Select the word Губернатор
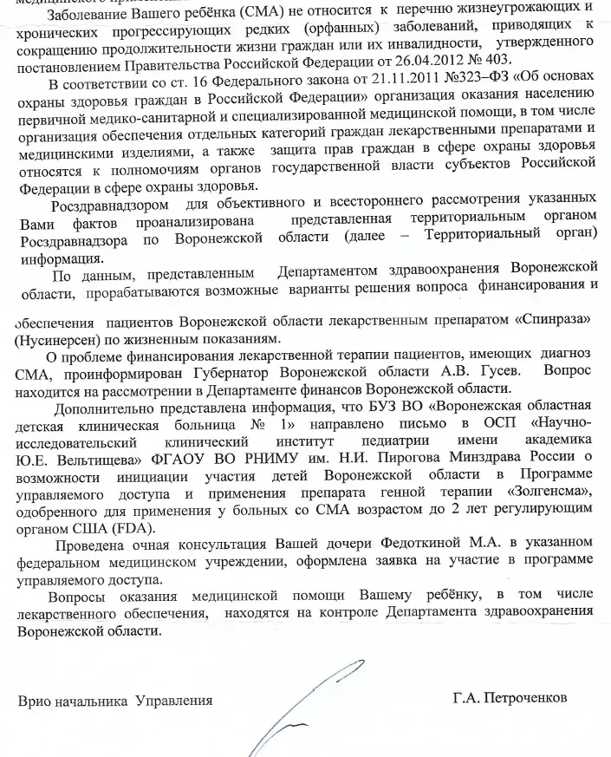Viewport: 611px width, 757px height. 318,374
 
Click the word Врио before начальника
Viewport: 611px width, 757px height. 36,701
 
